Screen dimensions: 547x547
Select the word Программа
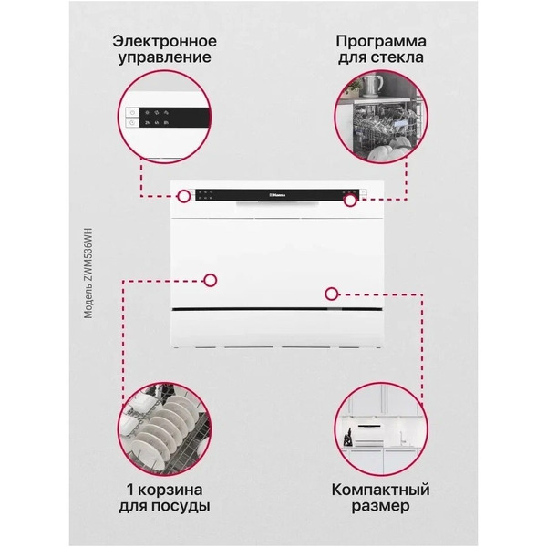(381, 42)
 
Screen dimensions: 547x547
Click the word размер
(380, 505)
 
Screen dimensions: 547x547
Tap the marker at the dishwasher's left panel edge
(185, 196)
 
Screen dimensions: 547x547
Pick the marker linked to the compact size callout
(331, 294)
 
